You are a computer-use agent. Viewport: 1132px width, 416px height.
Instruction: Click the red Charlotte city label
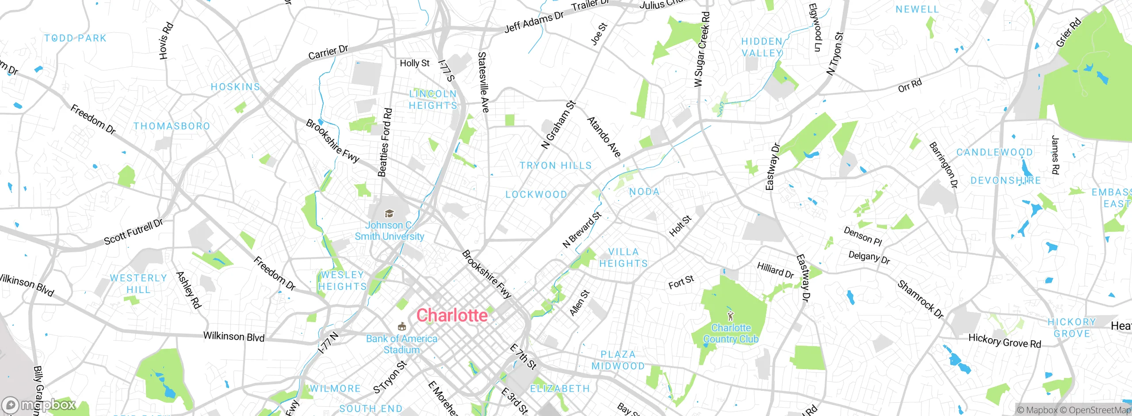coord(452,316)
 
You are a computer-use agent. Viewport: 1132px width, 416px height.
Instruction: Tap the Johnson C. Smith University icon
coord(389,214)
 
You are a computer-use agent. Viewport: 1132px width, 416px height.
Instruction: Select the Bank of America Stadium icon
coord(402,327)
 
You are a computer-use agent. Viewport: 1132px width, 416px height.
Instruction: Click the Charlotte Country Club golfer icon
coord(730,316)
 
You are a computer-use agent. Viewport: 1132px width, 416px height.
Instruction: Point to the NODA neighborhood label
coord(644,192)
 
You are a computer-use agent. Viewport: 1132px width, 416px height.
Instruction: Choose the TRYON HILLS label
coord(555,166)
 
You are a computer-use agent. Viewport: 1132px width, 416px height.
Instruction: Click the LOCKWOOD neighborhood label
coord(536,195)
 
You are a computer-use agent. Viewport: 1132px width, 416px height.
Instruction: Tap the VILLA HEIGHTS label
coord(623,258)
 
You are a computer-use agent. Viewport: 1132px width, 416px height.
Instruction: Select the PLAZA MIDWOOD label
coord(618,360)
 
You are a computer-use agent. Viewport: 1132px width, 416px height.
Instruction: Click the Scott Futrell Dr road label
coord(133,232)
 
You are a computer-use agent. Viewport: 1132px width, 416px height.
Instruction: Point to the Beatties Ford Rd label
coord(385,143)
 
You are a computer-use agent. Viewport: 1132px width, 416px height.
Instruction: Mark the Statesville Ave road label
coord(483,82)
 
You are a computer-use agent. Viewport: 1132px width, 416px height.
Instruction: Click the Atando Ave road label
coord(604,137)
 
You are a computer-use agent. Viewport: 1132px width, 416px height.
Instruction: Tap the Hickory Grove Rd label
coord(1005,340)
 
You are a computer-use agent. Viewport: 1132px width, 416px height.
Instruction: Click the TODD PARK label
coord(76,39)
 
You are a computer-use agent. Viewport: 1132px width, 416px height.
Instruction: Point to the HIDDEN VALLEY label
coord(761,47)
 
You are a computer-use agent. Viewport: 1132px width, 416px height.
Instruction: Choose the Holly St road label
coord(414,63)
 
